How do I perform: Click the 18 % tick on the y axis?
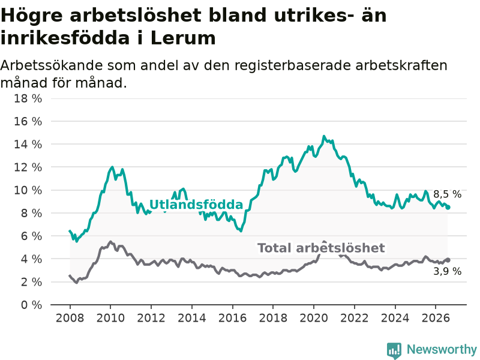[x=28, y=98]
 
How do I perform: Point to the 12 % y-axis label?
[x=28, y=167]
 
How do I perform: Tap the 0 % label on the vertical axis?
[x=31, y=305]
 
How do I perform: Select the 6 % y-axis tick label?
[x=31, y=236]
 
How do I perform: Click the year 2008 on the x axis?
[x=70, y=318]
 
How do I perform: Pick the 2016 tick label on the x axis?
[x=232, y=318]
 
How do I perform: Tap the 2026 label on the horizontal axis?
[x=436, y=318]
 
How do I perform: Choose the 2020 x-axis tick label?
[x=314, y=318]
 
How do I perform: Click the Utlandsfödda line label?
[x=196, y=205]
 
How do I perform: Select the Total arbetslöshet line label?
[x=321, y=248]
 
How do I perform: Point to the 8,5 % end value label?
[x=447, y=194]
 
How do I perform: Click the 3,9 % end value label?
[x=447, y=271]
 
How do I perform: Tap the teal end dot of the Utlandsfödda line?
[x=448, y=208]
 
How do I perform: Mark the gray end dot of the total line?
[x=448, y=260]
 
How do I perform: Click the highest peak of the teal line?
[x=324, y=136]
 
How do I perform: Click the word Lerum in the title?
[x=183, y=38]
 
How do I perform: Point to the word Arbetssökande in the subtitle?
[x=51, y=65]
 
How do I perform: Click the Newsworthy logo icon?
[x=394, y=350]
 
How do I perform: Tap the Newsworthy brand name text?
[x=442, y=349]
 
